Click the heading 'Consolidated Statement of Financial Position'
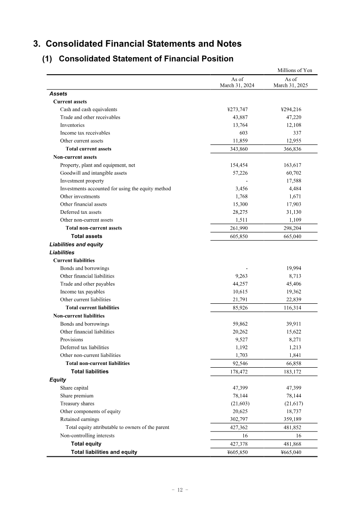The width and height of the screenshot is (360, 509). pyautogui.click(x=146, y=59)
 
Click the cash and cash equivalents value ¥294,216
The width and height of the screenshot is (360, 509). pyautogui.click(x=290, y=109)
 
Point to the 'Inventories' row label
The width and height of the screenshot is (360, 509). pyautogui.click(x=72, y=125)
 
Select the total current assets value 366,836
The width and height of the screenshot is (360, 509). pyautogui.click(x=290, y=149)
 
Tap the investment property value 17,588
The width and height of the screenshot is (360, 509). pyautogui.click(x=292, y=181)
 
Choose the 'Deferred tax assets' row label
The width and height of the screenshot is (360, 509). pyautogui.click(x=81, y=212)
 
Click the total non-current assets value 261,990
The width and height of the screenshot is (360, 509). pyautogui.click(x=238, y=228)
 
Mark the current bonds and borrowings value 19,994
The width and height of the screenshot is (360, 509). pyautogui.click(x=292, y=268)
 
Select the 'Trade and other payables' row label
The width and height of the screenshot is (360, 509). pyautogui.click(x=87, y=284)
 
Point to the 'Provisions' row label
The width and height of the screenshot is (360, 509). pyautogui.click(x=72, y=340)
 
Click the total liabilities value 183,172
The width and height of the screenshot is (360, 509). pyautogui.click(x=290, y=372)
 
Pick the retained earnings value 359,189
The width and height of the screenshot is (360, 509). pyautogui.click(x=290, y=419)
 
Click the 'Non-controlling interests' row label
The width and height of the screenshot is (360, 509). pyautogui.click(x=87, y=436)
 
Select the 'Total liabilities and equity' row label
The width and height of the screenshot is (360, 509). pyautogui.click(x=104, y=452)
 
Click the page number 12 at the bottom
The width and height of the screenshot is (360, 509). pyautogui.click(x=180, y=490)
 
